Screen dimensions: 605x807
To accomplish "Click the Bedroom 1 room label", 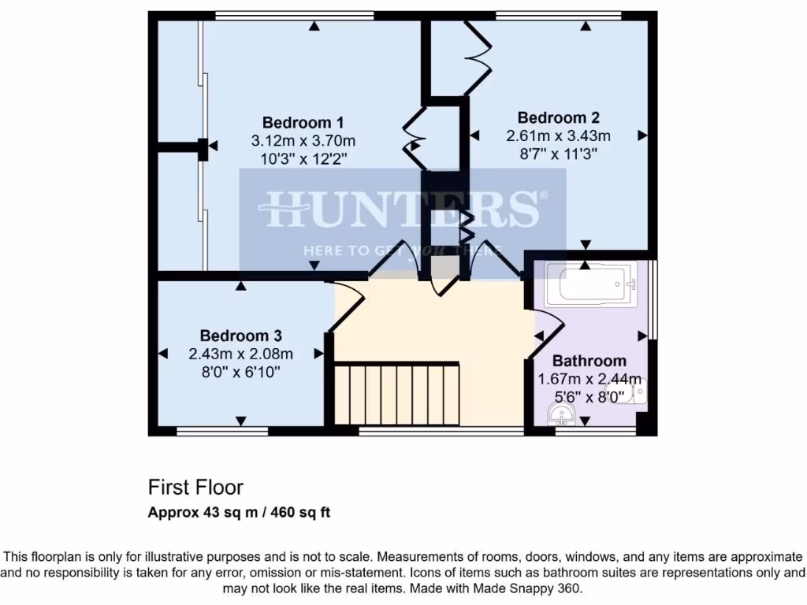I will coord(303,122).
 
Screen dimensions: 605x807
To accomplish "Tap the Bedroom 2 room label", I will coord(558,117).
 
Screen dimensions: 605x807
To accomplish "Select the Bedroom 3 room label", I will coord(240,335).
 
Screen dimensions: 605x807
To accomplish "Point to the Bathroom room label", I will coord(589,361).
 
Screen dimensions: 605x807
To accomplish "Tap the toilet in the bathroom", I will coord(635,392).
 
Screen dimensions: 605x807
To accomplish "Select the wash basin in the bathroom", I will coord(566,414).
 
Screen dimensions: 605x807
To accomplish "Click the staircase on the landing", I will coord(396,393).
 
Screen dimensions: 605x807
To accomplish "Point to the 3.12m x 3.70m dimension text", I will coord(303,141).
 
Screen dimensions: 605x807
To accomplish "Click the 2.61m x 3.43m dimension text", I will coord(558,135).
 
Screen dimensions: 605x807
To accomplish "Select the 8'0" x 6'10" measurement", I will coord(240,372).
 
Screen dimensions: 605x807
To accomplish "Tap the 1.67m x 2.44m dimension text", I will coord(589,379).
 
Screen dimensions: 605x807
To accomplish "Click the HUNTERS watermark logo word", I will coord(402,210).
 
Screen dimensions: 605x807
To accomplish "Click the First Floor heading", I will coord(195,487).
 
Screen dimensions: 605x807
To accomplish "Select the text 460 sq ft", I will coord(301,513).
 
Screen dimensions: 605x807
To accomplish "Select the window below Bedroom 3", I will coord(222,431).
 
